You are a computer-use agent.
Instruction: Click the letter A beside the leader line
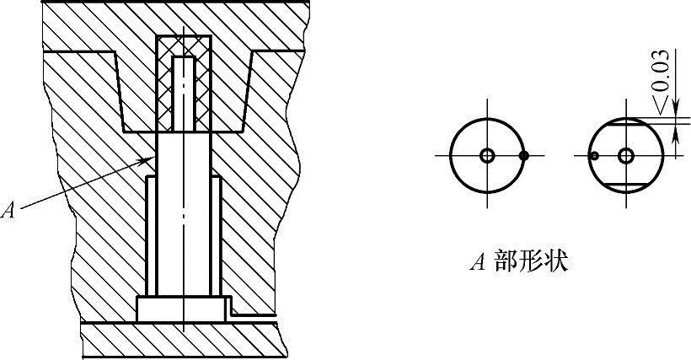[x=9, y=211]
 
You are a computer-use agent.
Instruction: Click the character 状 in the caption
[x=557, y=262]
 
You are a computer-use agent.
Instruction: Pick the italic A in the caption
[x=476, y=263]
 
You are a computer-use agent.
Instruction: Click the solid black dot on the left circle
[x=524, y=156]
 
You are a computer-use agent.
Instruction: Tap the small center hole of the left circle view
[x=487, y=156]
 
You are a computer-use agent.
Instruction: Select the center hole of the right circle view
[x=625, y=156]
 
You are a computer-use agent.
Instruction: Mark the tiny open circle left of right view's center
[x=594, y=156]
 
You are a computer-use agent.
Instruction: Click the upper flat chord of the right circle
[x=625, y=124]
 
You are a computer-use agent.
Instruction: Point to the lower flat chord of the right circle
[x=625, y=185]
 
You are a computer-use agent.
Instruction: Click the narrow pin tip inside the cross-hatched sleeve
[x=183, y=93]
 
